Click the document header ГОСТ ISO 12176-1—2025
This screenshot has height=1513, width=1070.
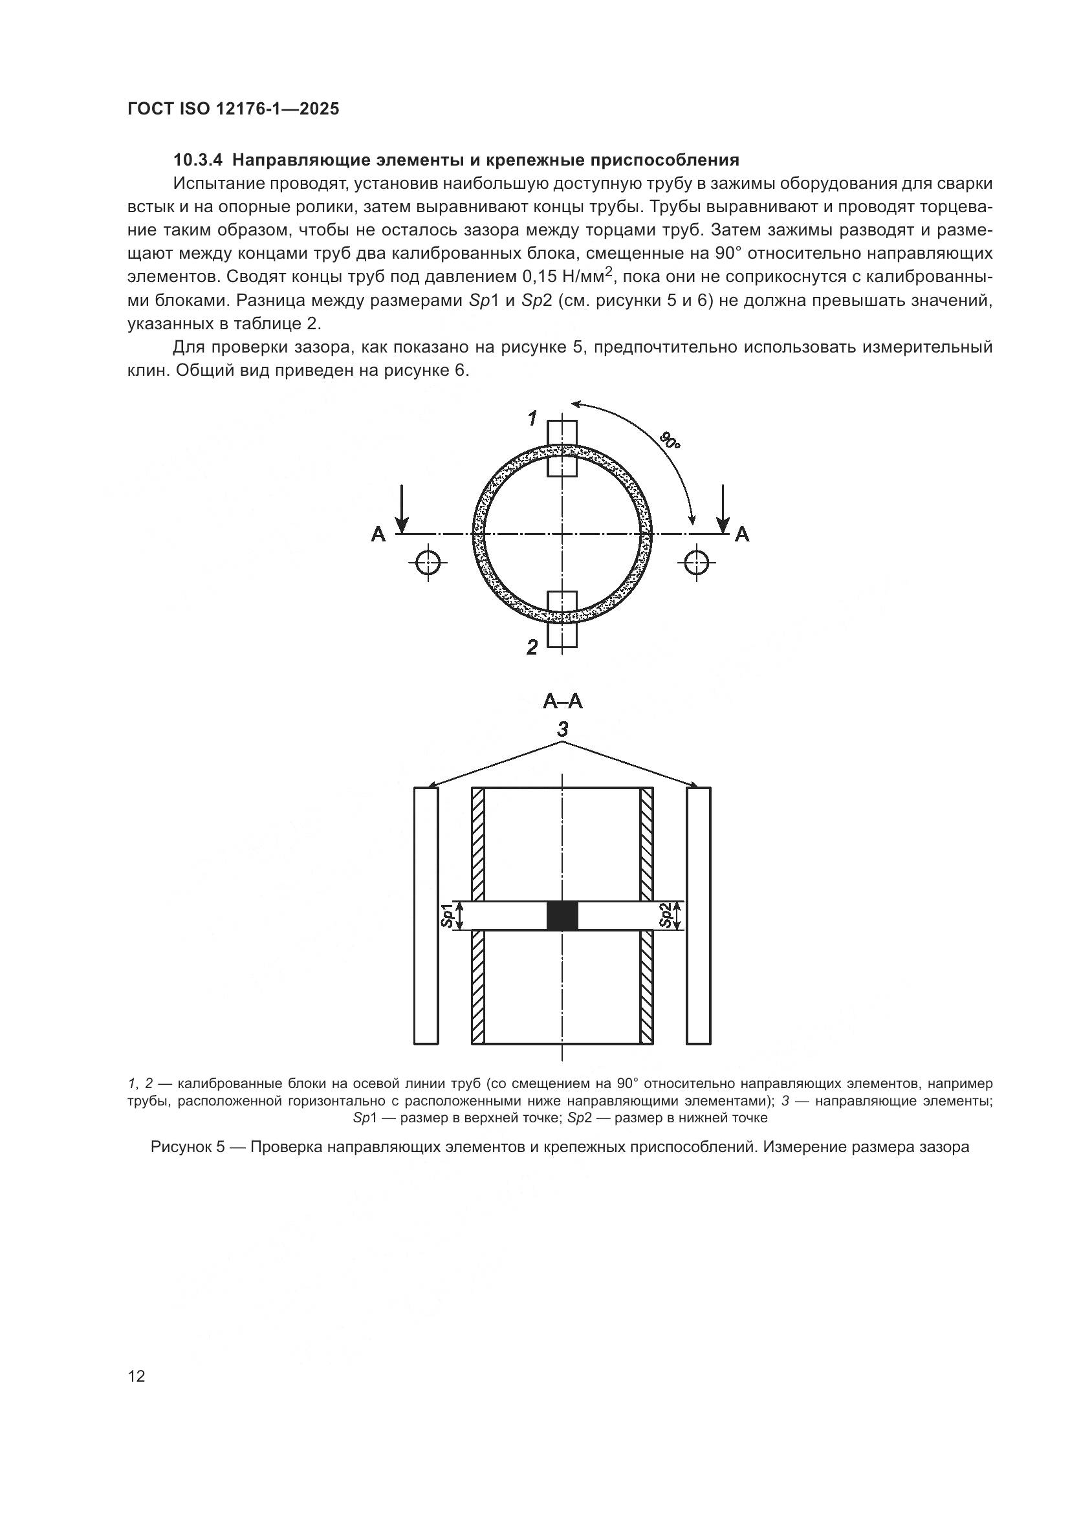pyautogui.click(x=234, y=109)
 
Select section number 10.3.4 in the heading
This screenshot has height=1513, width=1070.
pyautogui.click(x=199, y=160)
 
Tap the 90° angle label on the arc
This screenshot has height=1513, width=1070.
pyautogui.click(x=670, y=441)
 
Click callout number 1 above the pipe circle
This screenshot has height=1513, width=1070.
pyautogui.click(x=532, y=418)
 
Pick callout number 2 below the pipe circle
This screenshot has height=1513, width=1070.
pyautogui.click(x=532, y=648)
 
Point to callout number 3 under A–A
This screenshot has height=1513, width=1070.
pyautogui.click(x=563, y=730)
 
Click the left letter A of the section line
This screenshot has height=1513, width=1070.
pyautogui.click(x=378, y=534)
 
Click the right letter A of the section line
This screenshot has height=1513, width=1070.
pyautogui.click(x=742, y=534)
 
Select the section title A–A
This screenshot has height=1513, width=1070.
pyautogui.click(x=563, y=701)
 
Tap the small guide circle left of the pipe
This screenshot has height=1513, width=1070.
pyautogui.click(x=428, y=563)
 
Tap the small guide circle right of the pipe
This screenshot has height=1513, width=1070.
pyautogui.click(x=697, y=563)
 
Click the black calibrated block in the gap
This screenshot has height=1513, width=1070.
pyautogui.click(x=563, y=916)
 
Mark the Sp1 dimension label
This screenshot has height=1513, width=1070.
pyautogui.click(x=448, y=916)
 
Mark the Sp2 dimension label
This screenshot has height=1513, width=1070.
pyautogui.click(x=667, y=916)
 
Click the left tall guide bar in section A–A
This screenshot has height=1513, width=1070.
pyautogui.click(x=426, y=916)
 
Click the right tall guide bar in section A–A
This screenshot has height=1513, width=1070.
pyautogui.click(x=699, y=916)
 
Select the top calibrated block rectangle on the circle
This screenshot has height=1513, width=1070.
pyautogui.click(x=563, y=448)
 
